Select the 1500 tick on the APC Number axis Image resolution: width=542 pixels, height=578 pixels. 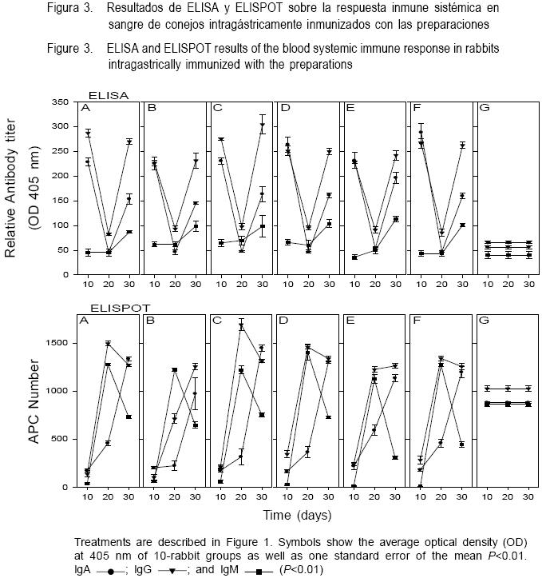click(x=57, y=343)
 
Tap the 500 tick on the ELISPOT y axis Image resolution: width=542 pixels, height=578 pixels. click(x=60, y=439)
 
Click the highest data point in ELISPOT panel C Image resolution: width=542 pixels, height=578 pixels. click(x=240, y=325)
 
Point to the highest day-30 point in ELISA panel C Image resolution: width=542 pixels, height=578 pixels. click(x=261, y=125)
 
